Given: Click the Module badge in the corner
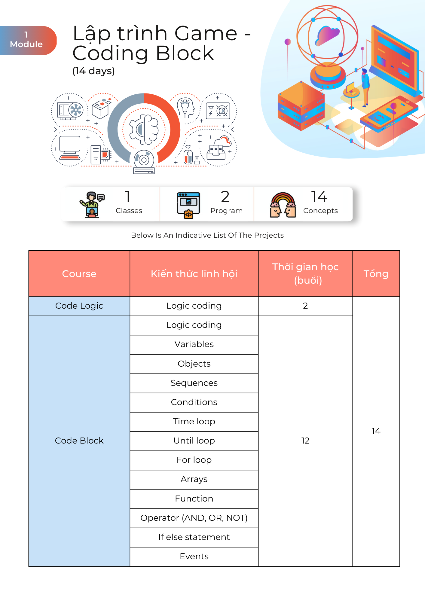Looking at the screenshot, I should pos(27,40).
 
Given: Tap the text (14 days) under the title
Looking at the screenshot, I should pos(93,71).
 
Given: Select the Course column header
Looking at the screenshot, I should pos(79,274).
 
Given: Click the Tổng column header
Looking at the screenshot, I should pos(376,274).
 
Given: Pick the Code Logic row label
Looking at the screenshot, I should pos(79,306).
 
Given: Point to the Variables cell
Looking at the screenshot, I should pos(194,344).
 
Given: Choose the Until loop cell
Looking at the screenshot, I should pos(194,441).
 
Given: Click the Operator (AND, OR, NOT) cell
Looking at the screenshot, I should pos(194,518).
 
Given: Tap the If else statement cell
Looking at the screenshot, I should pos(194,537).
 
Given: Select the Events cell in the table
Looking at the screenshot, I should pos(194,557).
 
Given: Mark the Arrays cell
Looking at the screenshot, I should pos(194,479).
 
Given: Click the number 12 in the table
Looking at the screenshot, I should pos(305,441).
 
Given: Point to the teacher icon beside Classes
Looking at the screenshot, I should pos(92,204).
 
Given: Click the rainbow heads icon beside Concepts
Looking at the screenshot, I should pos(283,205).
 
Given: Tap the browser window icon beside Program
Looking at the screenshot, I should pos(188,205).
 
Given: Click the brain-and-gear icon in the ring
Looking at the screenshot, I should pos(144,130).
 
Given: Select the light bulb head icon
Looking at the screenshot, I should pos(185,108).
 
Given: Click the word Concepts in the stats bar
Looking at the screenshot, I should pos(320,211).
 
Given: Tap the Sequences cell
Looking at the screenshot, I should pos(194,383).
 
